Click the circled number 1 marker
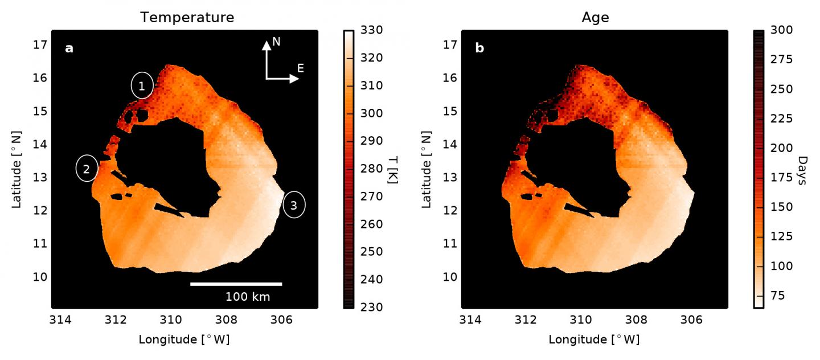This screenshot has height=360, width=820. [142, 86]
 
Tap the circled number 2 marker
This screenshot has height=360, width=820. [87, 169]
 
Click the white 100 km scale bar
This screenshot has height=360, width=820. [236, 284]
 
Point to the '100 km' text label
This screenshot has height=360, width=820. [248, 296]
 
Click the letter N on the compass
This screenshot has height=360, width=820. [276, 42]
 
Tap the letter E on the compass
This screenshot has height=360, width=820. [300, 68]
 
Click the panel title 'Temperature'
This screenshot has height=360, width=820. [187, 18]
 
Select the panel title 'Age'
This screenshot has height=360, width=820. [595, 18]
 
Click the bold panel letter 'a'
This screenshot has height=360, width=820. [69, 48]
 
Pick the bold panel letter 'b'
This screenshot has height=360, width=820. [479, 48]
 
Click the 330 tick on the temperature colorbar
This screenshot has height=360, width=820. [372, 30]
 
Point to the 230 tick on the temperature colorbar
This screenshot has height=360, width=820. [372, 307]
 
